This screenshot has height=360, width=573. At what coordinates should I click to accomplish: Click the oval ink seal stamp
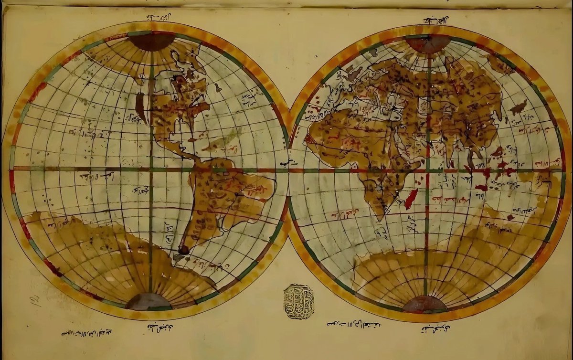click(298, 301)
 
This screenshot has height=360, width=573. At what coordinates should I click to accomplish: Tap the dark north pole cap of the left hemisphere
click(152, 41)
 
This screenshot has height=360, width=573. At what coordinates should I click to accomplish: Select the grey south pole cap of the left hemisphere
click(149, 302)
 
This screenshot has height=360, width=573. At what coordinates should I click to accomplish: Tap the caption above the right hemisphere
click(436, 21)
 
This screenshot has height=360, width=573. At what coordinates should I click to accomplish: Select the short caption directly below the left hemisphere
click(159, 328)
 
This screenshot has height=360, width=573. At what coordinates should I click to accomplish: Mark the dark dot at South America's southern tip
click(183, 249)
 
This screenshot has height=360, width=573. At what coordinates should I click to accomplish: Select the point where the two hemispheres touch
click(288, 169)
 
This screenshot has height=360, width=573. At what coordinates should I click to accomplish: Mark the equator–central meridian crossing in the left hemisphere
click(151, 169)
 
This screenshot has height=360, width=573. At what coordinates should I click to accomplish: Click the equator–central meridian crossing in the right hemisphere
click(426, 170)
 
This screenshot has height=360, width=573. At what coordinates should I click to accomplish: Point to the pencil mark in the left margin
click(35, 300)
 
